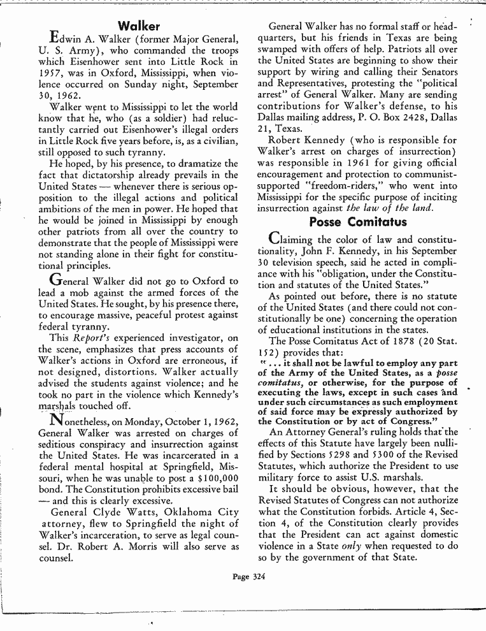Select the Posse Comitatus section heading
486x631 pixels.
tap(357, 222)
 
